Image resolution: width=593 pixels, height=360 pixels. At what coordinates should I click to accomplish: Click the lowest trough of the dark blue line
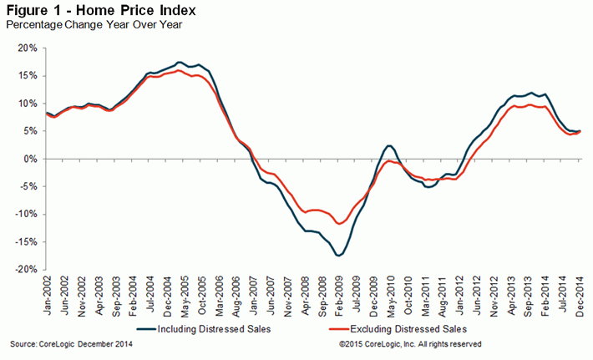(x=338, y=255)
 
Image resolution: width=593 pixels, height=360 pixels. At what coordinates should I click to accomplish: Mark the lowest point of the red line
(x=339, y=224)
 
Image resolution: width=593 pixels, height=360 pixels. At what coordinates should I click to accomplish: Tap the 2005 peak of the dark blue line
(x=180, y=63)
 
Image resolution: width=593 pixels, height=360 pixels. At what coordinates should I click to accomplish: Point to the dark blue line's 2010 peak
(x=390, y=146)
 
